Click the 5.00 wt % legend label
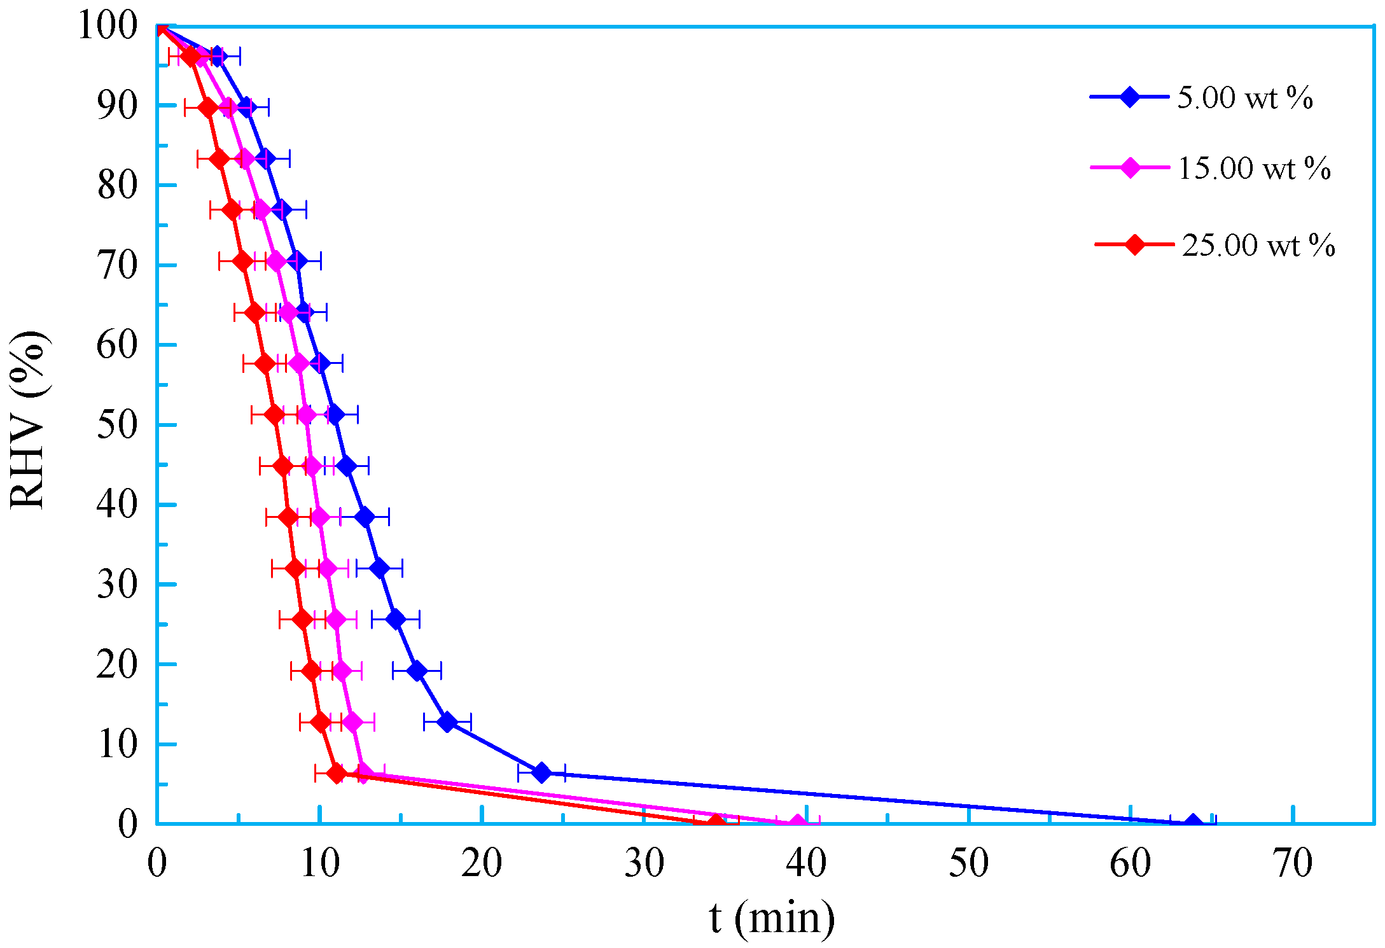point(1244,98)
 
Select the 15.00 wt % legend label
point(1254,169)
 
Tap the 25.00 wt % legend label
point(1258,246)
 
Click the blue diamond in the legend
point(1130,97)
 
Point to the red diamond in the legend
point(1134,244)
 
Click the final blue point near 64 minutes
point(1193,823)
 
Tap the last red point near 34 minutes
point(716,823)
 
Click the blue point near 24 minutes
point(541,773)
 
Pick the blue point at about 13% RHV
point(447,722)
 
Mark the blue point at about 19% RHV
point(417,671)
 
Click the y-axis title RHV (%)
point(29,421)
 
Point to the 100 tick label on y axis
point(108,27)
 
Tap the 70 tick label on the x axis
point(1293,863)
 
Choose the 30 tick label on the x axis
point(644,863)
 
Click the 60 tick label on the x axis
point(1131,863)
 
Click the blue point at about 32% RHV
point(379,568)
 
